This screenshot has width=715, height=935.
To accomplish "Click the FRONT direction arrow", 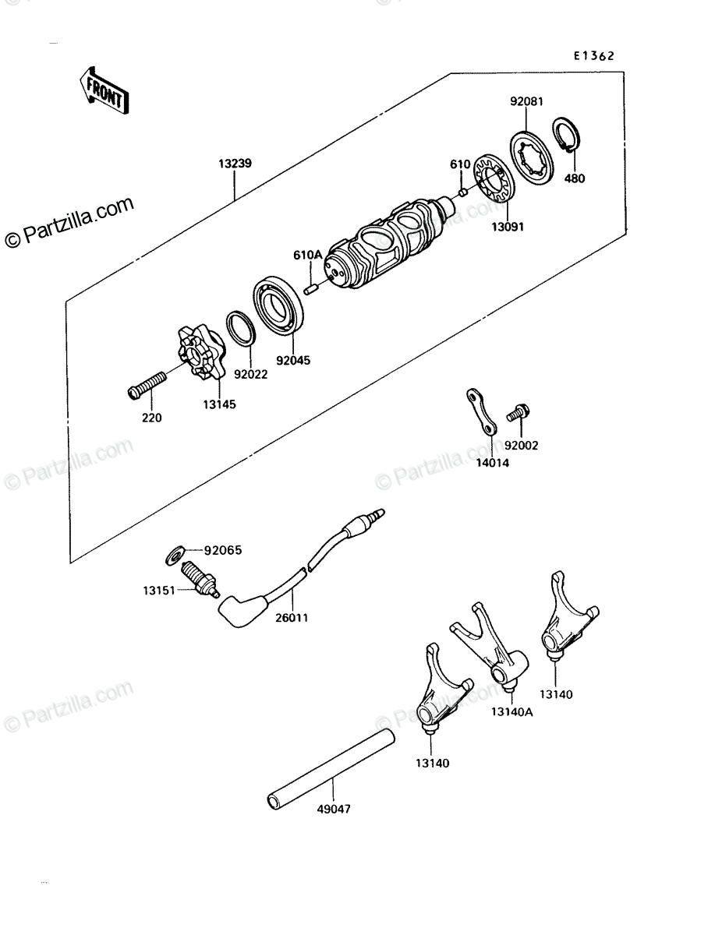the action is click(104, 90).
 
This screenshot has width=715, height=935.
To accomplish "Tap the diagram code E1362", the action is click(593, 56).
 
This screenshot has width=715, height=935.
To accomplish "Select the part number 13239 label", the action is click(235, 164).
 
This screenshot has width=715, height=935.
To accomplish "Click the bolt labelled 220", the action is click(147, 386).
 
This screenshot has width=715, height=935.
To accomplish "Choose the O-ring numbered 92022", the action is click(241, 327).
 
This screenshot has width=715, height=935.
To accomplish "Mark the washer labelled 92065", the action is click(175, 555).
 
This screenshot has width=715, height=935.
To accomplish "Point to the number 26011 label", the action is click(292, 617).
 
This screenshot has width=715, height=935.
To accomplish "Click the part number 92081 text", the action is click(526, 101).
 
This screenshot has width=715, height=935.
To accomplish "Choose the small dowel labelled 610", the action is click(463, 193).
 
